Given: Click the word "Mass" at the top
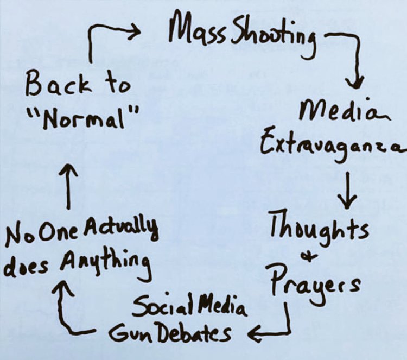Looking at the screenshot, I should coord(193,32).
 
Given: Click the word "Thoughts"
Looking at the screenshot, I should coord(319,229).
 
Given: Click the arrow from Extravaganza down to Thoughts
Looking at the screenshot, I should coord(346,187).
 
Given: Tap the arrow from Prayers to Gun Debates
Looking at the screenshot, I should coord(277,326).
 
